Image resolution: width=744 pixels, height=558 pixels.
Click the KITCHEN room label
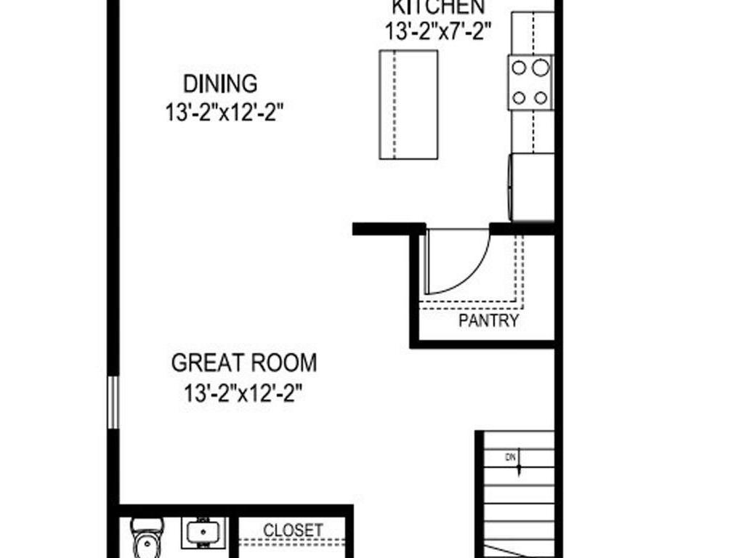(438, 7)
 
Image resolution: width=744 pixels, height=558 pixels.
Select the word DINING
(220, 84)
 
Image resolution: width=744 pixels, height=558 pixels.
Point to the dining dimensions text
(223, 113)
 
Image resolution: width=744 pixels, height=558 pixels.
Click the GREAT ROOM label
(244, 362)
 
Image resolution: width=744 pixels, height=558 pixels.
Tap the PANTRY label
(489, 321)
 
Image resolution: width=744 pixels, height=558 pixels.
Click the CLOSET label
(293, 530)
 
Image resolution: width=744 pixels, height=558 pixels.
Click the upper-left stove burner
(520, 68)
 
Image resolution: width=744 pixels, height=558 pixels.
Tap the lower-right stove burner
(541, 97)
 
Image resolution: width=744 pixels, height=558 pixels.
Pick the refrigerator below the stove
(532, 186)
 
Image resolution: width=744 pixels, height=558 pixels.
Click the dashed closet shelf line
(294, 541)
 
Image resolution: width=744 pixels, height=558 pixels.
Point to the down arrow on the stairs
(519, 468)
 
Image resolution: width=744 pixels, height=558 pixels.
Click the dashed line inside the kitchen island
(395, 105)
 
